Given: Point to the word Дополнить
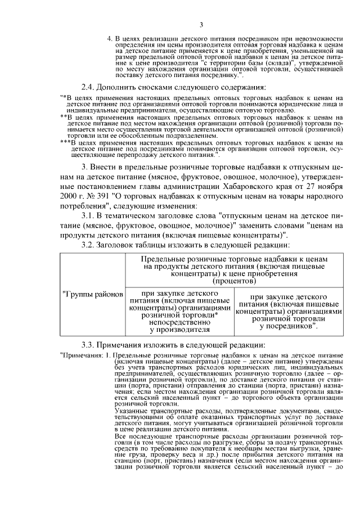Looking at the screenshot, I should [x=120, y=87].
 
